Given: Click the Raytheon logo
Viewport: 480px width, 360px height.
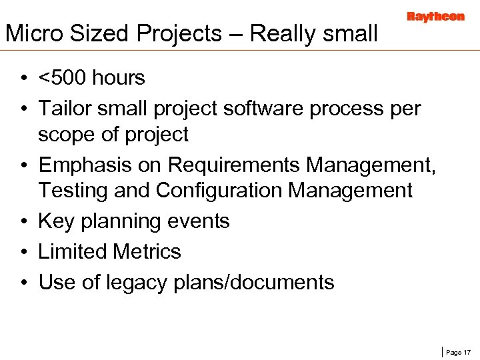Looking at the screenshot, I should (435, 17).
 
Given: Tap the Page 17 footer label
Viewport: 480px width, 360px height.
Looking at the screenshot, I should (458, 352).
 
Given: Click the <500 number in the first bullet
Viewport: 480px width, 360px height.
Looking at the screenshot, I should (63, 78).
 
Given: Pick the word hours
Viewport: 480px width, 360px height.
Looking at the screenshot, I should (119, 78).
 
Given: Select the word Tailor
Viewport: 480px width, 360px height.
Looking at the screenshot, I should (65, 107).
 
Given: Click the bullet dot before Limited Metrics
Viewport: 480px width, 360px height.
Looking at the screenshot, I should (23, 252).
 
